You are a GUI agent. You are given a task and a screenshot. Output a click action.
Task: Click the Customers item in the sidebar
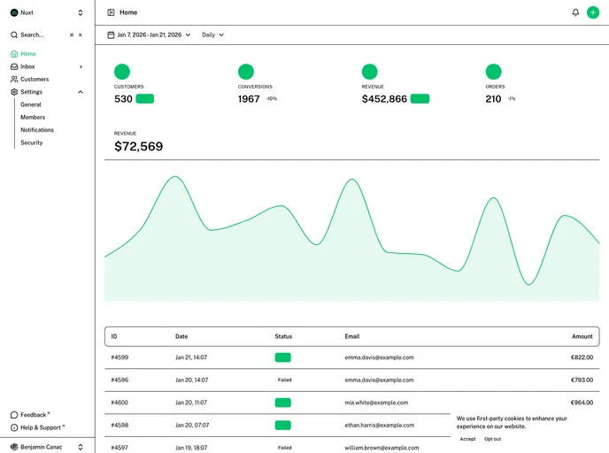(x=35, y=79)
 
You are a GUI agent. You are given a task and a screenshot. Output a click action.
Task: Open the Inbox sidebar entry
(x=28, y=66)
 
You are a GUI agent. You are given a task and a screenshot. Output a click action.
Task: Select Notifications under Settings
(x=37, y=130)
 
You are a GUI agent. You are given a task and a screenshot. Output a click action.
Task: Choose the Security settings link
(x=32, y=142)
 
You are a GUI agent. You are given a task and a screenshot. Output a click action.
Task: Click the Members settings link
(x=33, y=117)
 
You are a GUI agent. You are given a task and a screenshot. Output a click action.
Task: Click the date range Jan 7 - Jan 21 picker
(x=149, y=35)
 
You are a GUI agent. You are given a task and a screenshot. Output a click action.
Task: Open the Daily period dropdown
(x=212, y=35)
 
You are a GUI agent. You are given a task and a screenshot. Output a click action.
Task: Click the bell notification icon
(x=575, y=12)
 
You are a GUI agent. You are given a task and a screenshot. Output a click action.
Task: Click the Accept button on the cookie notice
(x=467, y=439)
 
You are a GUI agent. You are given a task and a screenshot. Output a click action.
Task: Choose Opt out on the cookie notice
(x=492, y=439)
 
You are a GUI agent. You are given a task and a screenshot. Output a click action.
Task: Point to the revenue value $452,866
(x=384, y=99)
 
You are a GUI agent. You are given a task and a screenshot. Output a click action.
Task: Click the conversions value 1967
(x=249, y=99)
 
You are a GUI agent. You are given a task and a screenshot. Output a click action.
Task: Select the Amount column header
(x=582, y=336)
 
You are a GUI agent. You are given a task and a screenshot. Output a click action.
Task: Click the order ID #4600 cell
(x=119, y=402)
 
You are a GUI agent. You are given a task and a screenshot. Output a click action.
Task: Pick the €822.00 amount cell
(x=582, y=357)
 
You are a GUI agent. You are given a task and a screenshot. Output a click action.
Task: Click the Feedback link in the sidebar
(x=34, y=414)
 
